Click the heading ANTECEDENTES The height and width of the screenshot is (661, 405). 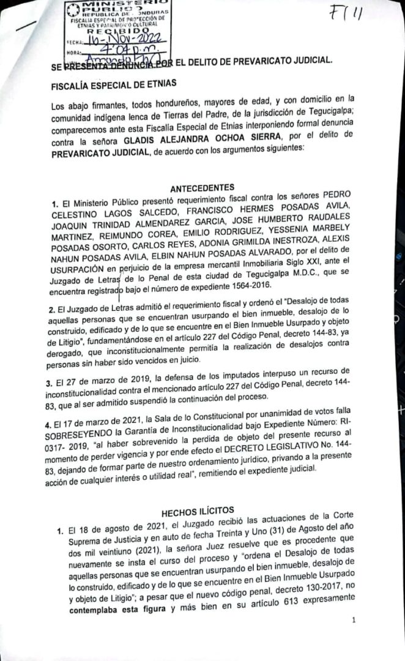[x=202, y=187]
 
